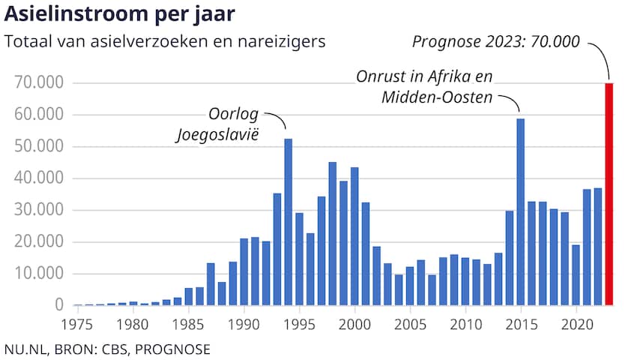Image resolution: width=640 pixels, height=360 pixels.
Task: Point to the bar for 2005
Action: coord(410,286)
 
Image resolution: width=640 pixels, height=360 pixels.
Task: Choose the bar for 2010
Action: coord(465,281)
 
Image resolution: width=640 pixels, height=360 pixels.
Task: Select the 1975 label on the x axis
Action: coord(76,325)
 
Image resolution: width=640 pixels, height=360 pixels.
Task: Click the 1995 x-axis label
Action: coord(299,325)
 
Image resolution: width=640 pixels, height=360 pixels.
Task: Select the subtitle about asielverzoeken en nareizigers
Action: coord(165,41)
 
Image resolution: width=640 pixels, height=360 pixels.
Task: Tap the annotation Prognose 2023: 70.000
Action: coord(495,41)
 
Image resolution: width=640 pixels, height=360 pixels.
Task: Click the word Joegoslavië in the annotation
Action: coord(217,135)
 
